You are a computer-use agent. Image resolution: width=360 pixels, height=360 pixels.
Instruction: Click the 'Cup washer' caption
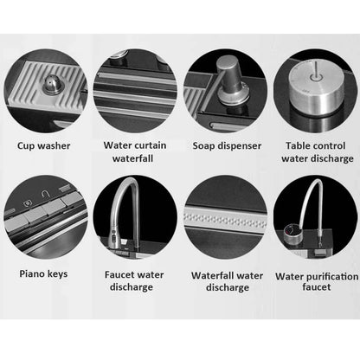tap(44, 146)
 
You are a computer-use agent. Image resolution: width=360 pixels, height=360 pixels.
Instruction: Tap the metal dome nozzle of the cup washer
tap(51, 84)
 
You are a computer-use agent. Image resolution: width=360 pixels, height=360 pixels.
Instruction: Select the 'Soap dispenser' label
tap(227, 146)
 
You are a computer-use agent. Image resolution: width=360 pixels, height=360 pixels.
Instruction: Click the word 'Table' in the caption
tap(298, 145)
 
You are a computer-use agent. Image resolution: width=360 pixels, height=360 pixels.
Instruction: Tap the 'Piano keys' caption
tap(43, 273)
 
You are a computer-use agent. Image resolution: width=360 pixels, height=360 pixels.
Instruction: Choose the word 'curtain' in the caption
tap(149, 145)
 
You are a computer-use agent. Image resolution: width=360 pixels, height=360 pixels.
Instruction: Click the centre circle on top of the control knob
tap(315, 77)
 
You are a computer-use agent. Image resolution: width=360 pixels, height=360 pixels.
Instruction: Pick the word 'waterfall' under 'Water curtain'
tap(132, 158)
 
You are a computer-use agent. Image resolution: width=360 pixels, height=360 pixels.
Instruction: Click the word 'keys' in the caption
tap(58, 274)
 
